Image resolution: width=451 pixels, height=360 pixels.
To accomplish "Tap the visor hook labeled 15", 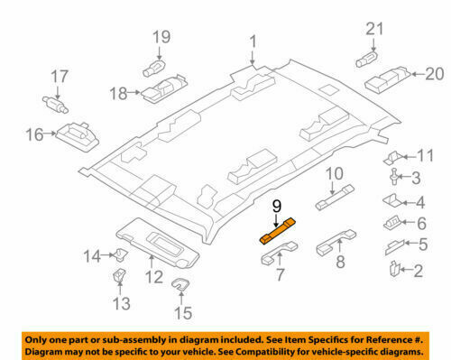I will (x=181, y=287).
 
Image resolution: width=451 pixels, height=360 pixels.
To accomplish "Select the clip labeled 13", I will (x=119, y=274).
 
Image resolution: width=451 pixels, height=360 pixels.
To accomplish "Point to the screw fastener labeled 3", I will (x=393, y=177).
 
